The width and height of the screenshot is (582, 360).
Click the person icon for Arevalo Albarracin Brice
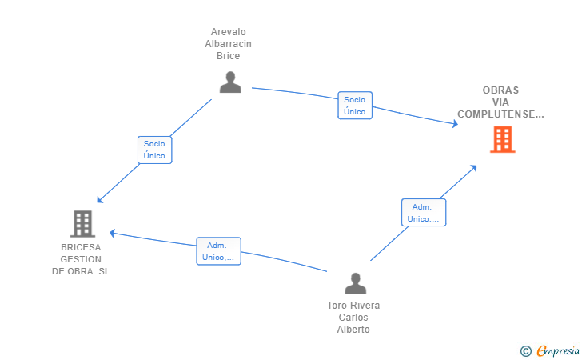(230, 82)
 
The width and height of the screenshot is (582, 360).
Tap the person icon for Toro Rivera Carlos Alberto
(355, 284)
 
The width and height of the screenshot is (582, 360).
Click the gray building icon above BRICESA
(82, 223)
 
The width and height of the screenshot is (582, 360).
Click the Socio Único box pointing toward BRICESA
(154, 150)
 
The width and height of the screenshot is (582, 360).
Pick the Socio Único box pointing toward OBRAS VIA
(355, 106)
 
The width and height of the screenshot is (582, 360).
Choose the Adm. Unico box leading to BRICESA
(218, 251)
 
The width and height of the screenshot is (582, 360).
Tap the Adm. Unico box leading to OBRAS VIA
(423, 213)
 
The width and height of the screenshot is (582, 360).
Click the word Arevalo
(228, 33)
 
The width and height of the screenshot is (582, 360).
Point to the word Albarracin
(228, 44)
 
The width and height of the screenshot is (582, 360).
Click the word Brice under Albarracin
(228, 56)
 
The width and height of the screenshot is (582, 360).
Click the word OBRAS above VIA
(500, 90)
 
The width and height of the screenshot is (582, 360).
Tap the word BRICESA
(81, 247)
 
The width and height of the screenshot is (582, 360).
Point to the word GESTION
(81, 259)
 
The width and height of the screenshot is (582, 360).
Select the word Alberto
(353, 330)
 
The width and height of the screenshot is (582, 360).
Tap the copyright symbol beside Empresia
(525, 350)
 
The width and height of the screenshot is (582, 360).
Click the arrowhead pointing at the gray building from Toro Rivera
(113, 233)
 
